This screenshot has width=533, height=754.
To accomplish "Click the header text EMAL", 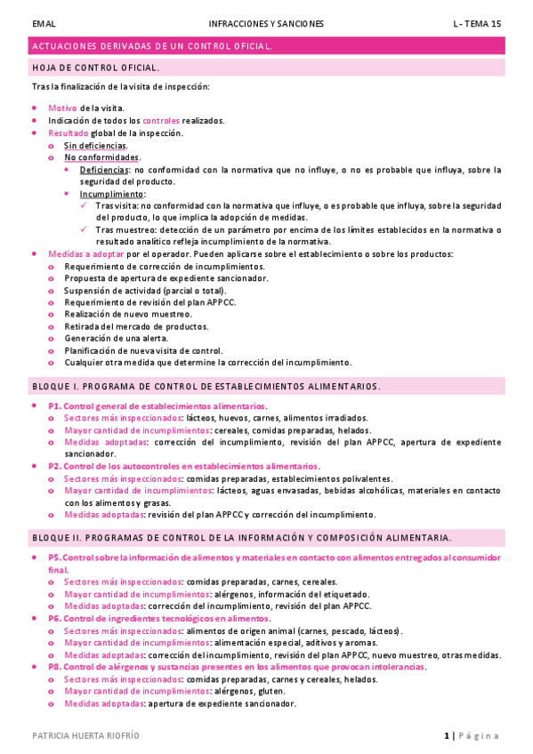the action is [44, 23].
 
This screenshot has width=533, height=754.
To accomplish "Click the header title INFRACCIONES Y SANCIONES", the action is [266, 23].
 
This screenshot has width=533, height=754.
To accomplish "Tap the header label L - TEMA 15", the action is [477, 23].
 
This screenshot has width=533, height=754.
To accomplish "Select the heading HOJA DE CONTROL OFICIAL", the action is [96, 67].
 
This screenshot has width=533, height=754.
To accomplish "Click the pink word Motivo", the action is [62, 108].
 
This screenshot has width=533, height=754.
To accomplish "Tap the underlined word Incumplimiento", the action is [112, 194].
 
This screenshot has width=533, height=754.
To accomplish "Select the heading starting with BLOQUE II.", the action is [241, 538].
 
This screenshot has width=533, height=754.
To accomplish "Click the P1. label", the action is [53, 405].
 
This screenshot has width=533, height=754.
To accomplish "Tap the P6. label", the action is [53, 619].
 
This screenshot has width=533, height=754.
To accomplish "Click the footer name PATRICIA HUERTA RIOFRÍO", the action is [85, 736].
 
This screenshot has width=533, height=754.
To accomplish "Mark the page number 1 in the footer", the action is [447, 736].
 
